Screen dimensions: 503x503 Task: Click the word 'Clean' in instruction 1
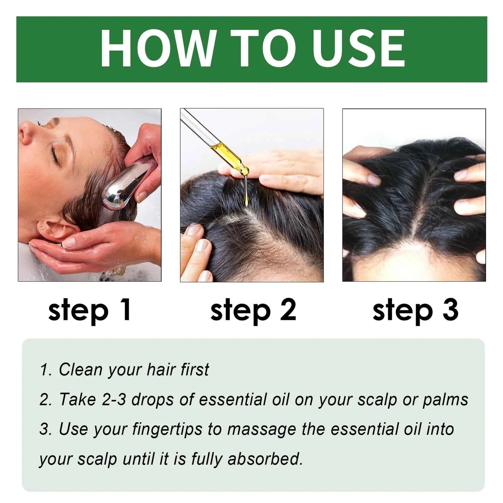tap(81, 370)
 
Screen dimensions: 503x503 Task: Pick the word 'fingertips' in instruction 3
tap(167, 430)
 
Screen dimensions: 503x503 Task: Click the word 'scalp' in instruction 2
tap(377, 400)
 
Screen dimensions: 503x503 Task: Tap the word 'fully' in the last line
tap(207, 459)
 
